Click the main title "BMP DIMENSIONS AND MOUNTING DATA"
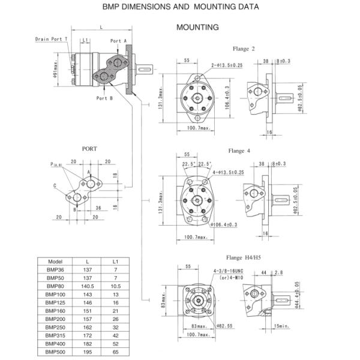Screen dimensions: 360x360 (x=182, y=8)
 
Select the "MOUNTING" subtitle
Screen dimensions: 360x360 (x=197, y=28)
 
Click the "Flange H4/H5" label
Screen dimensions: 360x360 (x=243, y=257)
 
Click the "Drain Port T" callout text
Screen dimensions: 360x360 (x=51, y=39)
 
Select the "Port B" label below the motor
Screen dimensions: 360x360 (x=104, y=98)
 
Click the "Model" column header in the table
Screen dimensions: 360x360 (x=55, y=262)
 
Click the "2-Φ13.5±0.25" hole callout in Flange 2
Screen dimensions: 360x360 (x=227, y=65)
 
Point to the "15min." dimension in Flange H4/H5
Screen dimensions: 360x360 (x=280, y=326)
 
